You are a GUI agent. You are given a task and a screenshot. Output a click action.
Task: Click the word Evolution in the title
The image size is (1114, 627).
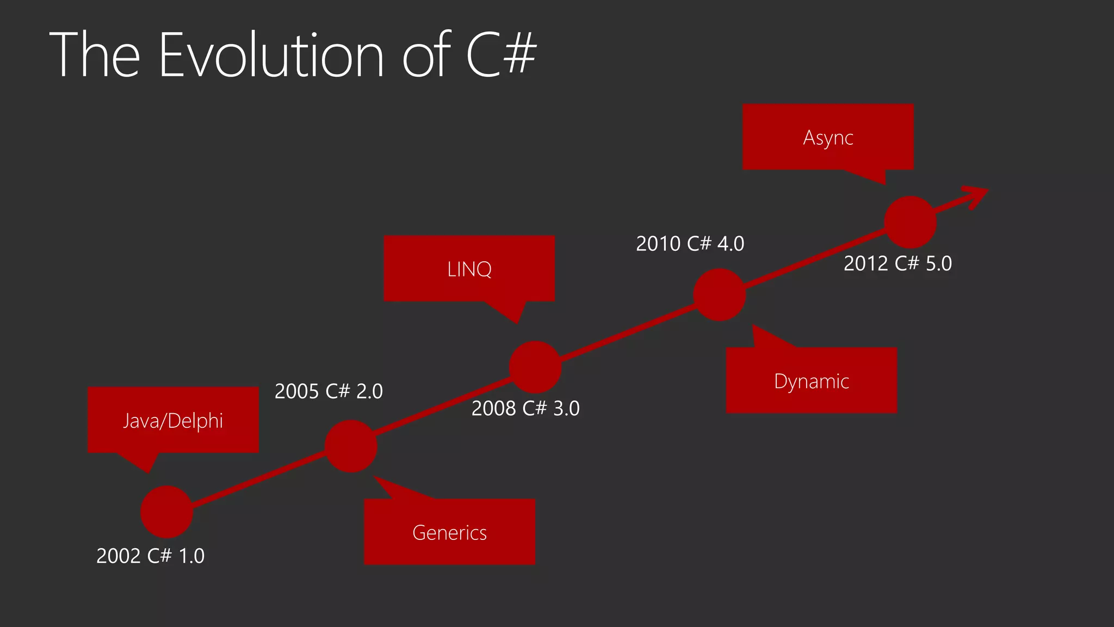pos(271,55)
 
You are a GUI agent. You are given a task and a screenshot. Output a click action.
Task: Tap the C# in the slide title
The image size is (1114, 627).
pos(501,54)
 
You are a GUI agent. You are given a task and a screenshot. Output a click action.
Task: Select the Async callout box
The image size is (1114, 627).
pos(828,137)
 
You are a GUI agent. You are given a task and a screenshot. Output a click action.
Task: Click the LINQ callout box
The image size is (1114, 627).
pos(469,269)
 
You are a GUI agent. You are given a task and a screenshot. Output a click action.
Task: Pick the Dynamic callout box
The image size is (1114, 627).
pos(811,380)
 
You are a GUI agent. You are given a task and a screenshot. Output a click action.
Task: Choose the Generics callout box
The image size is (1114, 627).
pos(449,532)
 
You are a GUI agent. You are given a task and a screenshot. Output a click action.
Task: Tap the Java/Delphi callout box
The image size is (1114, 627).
pos(173,420)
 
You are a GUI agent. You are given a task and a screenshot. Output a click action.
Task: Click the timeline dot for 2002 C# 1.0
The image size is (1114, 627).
pos(166,512)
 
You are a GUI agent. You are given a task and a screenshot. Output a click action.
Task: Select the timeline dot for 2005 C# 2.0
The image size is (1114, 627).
pos(351,446)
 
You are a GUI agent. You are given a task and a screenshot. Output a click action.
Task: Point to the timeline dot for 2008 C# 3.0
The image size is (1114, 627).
pos(535,367)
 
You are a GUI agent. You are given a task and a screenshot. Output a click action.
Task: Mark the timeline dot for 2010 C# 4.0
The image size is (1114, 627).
pos(720,294)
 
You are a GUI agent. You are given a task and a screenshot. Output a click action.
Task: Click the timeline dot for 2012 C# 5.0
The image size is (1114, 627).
pos(910,222)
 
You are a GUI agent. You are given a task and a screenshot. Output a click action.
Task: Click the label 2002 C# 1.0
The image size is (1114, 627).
pos(150,556)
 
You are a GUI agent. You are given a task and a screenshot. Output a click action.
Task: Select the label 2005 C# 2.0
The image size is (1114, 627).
pos(329,391)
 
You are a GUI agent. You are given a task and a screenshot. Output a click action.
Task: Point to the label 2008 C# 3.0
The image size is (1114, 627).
pos(525,408)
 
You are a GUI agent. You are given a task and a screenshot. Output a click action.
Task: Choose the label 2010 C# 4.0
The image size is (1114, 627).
pos(690,243)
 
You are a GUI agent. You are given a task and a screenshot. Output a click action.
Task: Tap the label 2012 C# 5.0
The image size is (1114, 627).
pos(898,263)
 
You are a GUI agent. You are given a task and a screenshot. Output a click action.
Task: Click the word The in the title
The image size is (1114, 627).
pos(95,55)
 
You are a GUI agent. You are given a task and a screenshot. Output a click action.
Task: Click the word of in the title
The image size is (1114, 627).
pos(426,55)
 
